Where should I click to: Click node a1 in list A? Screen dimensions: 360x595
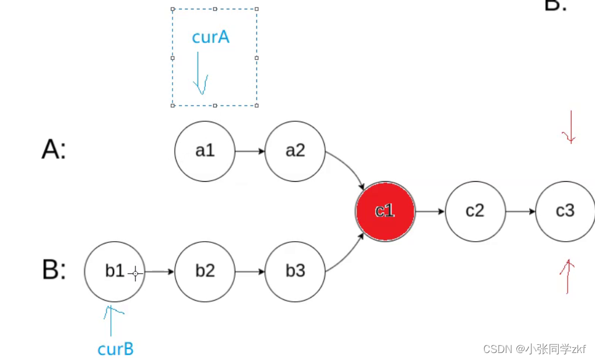[x=205, y=151]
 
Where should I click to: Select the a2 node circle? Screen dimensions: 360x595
[x=295, y=151]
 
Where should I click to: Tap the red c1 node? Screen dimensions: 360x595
[x=385, y=210]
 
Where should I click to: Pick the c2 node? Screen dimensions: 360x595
[x=475, y=210]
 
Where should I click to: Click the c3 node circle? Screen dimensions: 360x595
[x=565, y=210]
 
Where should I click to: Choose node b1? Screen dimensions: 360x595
[x=114, y=271]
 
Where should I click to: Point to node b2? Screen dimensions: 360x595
[x=205, y=271]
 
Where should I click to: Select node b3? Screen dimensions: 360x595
[x=295, y=271]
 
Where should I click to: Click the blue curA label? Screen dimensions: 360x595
[x=210, y=37]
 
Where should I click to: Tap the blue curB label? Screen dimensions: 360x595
[x=115, y=349]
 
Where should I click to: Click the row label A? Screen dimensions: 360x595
[x=54, y=150]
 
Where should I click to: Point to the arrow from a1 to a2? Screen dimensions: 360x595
[x=249, y=151]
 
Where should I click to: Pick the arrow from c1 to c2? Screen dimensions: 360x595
[x=430, y=210]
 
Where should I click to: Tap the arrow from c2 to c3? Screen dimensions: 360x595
[x=520, y=210]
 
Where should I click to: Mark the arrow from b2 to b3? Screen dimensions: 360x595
[x=249, y=271]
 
